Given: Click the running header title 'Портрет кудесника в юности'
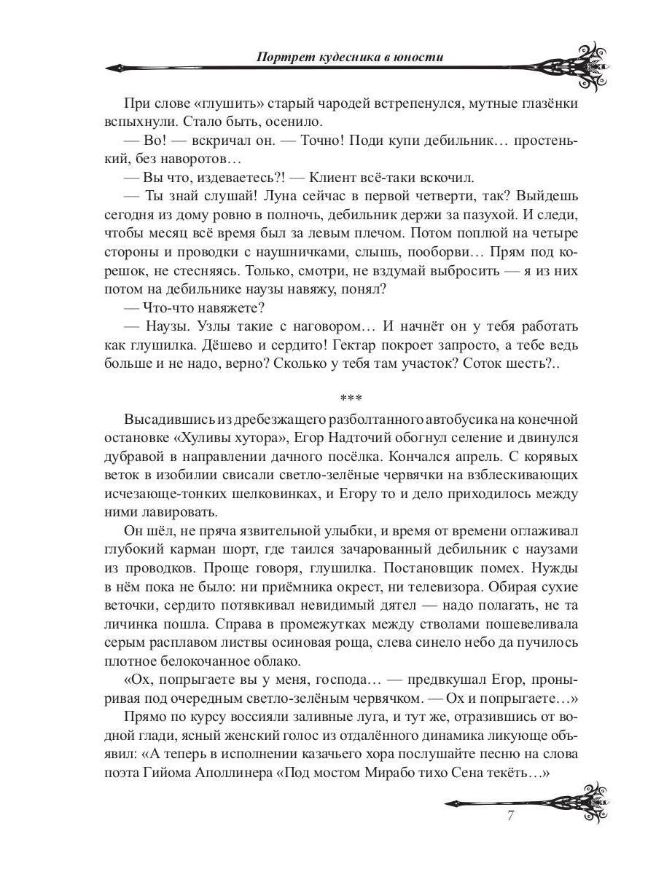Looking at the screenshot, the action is coord(340,57).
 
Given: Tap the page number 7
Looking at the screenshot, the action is coord(511,816).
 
